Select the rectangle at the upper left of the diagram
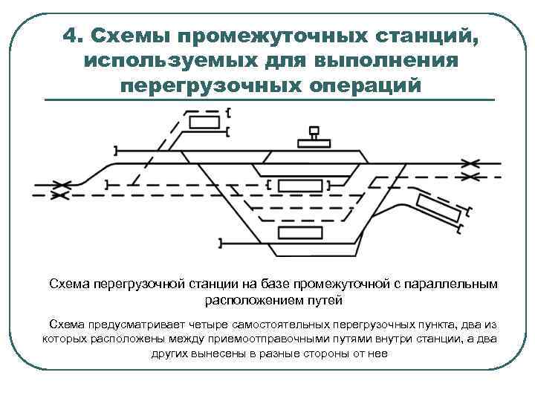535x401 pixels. [204, 122]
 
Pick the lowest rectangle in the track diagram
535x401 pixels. [296, 232]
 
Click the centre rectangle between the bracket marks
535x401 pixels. [299, 185]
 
